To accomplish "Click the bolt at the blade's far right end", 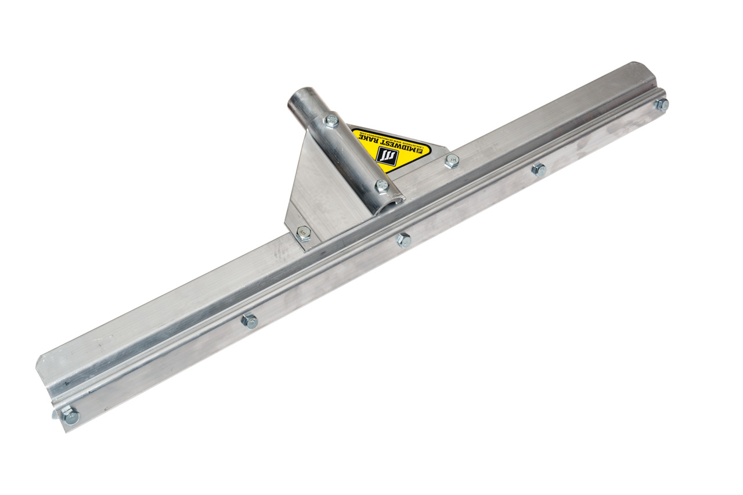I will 661,104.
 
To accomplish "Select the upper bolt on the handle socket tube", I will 331,121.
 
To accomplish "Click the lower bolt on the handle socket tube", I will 381,186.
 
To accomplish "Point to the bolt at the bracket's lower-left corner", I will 303,234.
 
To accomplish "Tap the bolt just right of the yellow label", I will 452,161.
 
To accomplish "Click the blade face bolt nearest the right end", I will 538,170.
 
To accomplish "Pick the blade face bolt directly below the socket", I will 403,240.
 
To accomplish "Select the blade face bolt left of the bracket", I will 249,320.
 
